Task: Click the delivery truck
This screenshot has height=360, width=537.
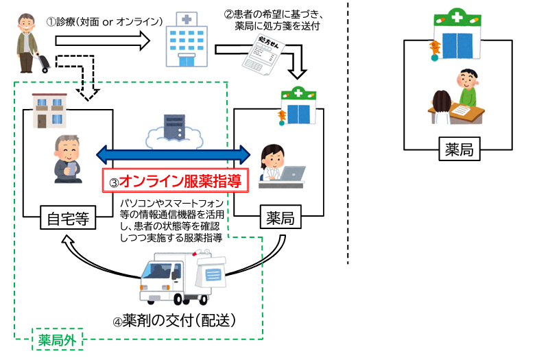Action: (x=171, y=278)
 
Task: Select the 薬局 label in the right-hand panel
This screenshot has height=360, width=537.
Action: (x=459, y=148)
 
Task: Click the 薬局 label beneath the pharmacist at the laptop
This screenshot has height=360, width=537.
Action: (x=280, y=219)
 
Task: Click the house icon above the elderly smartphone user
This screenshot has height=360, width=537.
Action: (x=49, y=110)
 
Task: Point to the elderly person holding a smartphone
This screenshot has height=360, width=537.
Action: (x=67, y=156)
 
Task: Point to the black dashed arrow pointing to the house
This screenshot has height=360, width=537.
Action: (x=82, y=75)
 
